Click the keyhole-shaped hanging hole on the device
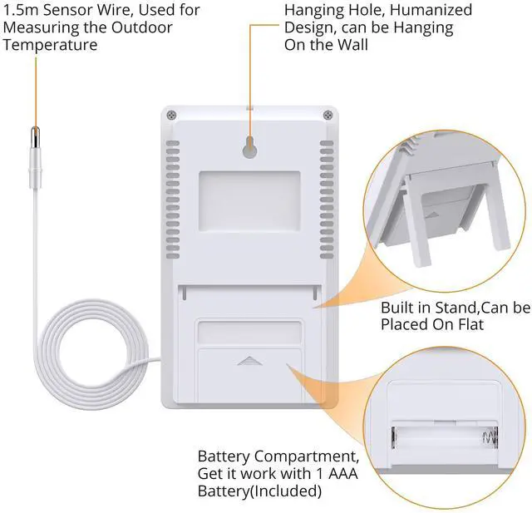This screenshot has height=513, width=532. (249, 147)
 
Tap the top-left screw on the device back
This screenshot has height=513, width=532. (170, 115)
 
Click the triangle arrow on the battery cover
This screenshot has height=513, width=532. (249, 362)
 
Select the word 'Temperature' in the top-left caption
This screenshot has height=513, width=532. (50, 45)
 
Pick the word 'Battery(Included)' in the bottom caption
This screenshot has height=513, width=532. (259, 491)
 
